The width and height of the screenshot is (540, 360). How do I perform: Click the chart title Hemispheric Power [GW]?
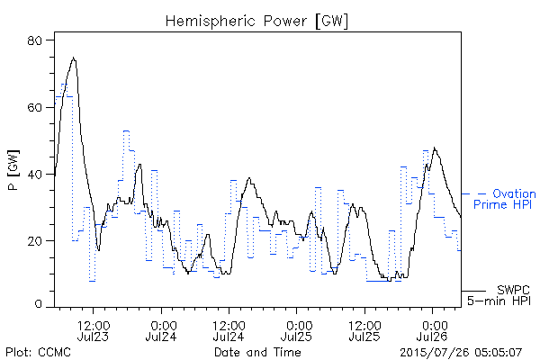pos(256,21)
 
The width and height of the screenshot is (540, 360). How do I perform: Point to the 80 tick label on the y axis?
pos(34,40)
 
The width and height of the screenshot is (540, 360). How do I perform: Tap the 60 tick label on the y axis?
pos(34,107)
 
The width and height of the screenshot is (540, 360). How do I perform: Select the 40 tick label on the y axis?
pos(34,175)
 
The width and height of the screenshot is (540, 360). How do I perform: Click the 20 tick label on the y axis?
pos(34,241)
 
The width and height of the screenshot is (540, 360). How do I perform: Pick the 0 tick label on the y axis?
pos(38,304)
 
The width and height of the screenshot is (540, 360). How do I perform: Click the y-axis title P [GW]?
pos(13,170)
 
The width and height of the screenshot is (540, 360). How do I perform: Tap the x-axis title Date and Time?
pos(257,352)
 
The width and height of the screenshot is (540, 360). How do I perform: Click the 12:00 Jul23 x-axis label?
pos(93,331)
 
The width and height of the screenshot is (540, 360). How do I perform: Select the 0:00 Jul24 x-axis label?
pos(161,331)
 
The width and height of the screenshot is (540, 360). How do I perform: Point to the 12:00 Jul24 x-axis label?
pos(229,331)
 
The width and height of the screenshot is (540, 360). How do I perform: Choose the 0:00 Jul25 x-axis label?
pos(296,331)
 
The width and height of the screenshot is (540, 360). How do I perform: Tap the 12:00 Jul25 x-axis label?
pos(364,331)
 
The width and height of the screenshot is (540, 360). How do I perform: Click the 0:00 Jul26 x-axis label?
pos(432,331)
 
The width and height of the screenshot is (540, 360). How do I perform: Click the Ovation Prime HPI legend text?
pos(504,199)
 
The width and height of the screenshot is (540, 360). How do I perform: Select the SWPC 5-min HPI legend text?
pos(499,295)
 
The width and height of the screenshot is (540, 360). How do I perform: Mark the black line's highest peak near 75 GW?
pos(74,58)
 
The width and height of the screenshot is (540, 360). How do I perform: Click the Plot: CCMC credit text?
pos(38,352)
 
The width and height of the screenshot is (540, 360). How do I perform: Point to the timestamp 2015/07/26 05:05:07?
pos(461,352)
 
